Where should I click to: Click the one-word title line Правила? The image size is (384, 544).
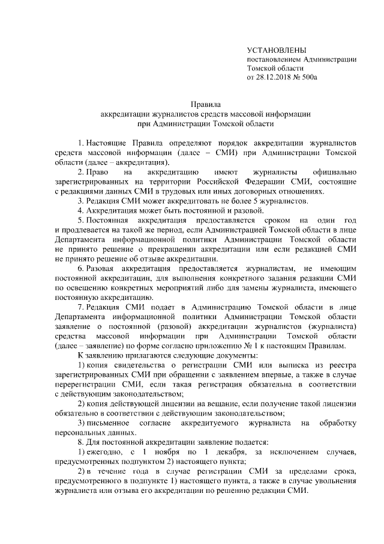pyautogui.click(x=205, y=103)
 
